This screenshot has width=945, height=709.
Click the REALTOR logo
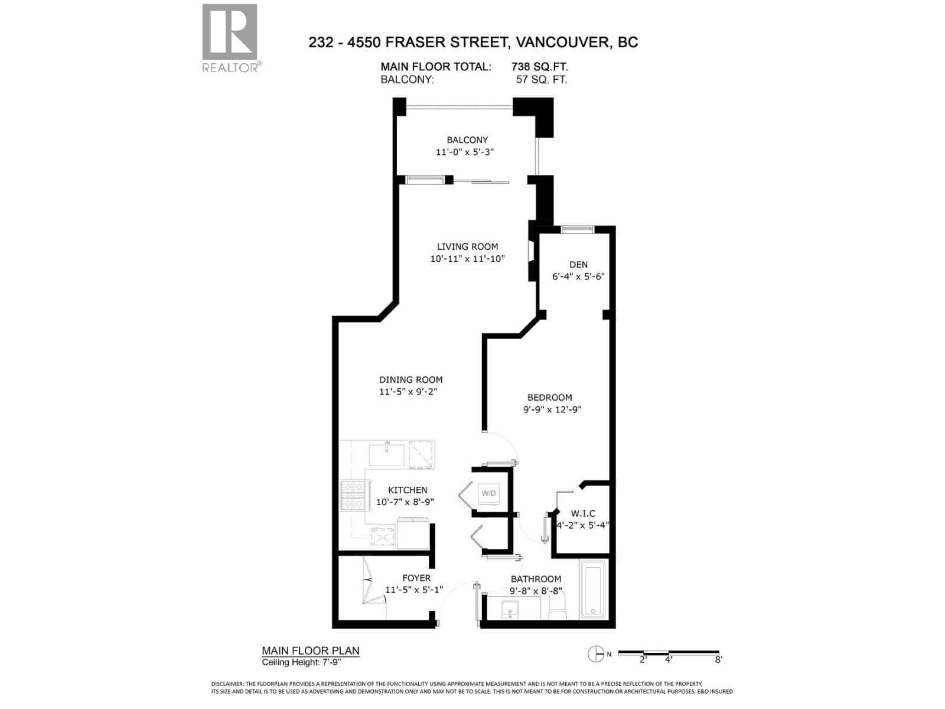point(230,37)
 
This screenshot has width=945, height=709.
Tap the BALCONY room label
point(467,140)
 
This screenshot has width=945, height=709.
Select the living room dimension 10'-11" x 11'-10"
point(467,259)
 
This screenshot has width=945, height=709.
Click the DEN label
point(578,265)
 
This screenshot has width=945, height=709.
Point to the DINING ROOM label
point(410,380)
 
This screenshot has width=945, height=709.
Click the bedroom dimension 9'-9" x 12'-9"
point(552,409)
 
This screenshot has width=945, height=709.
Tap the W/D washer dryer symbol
point(488,493)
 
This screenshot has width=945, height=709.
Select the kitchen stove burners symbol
point(353,495)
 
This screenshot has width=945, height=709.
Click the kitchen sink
point(387,454)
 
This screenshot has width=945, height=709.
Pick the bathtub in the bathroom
point(593,591)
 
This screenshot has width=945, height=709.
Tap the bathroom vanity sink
point(509,609)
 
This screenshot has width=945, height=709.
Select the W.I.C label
point(583,513)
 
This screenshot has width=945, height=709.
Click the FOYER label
point(416,578)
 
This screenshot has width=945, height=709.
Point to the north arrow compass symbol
point(595,653)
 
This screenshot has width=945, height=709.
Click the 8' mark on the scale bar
point(718,659)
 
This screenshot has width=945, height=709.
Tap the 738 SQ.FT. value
point(539,67)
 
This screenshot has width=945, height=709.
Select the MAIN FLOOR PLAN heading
point(311,651)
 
